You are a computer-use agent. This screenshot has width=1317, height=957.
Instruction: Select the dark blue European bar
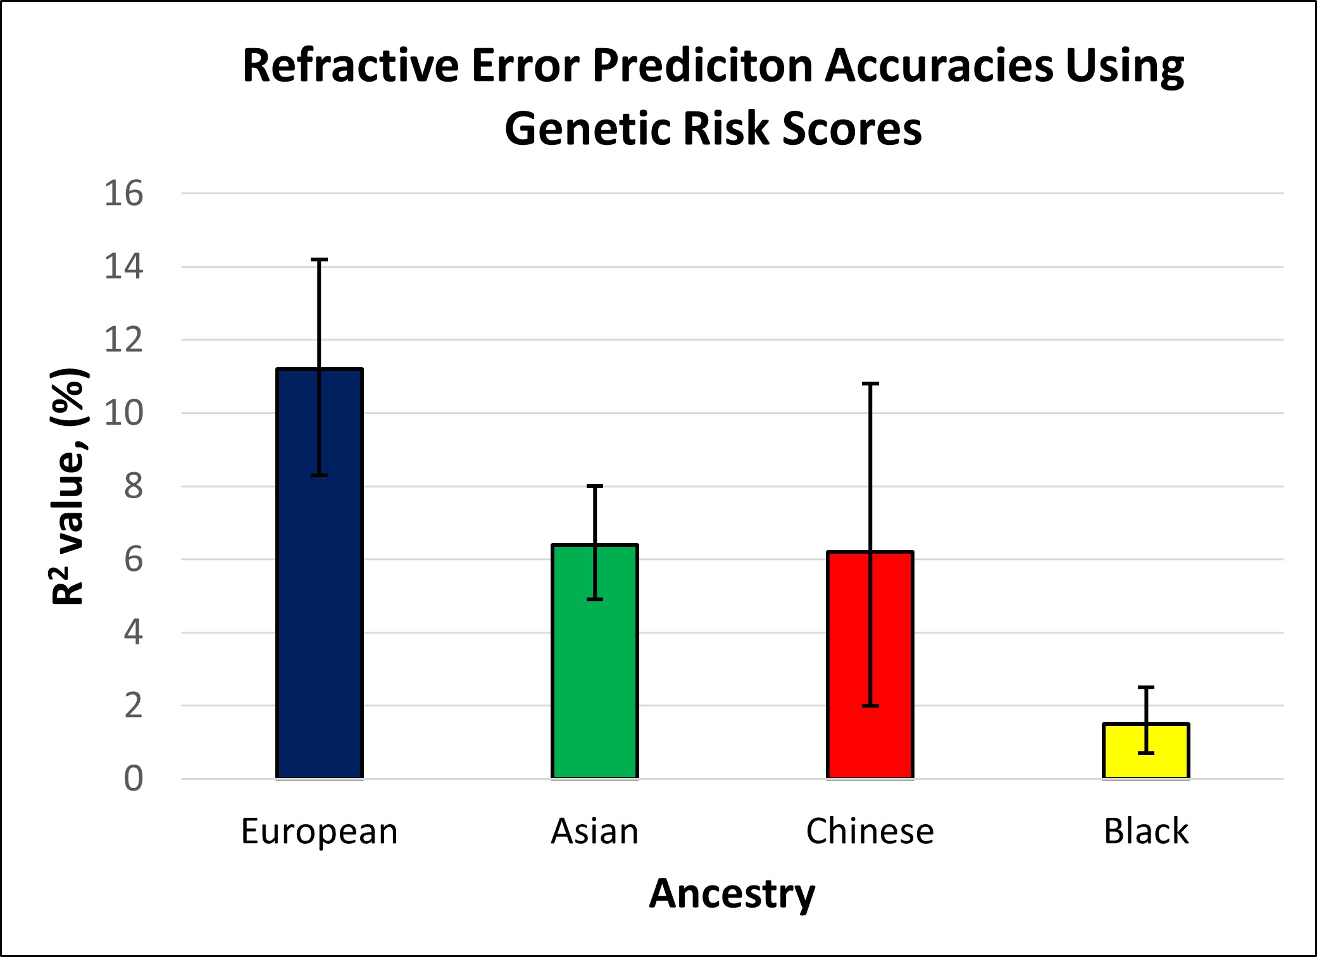tap(320, 573)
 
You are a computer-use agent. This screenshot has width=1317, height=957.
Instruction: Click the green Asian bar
tap(595, 661)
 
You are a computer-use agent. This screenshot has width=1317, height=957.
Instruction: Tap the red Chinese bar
tap(870, 665)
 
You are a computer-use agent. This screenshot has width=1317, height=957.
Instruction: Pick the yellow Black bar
tap(1146, 751)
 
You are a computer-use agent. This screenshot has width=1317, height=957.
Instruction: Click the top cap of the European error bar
tap(319, 260)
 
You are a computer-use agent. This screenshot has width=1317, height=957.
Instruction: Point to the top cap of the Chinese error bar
tap(871, 384)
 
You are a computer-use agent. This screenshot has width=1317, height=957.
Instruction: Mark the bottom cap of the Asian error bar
tap(595, 599)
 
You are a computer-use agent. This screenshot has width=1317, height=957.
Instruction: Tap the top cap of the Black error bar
tap(1146, 687)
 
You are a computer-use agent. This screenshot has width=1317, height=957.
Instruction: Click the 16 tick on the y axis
tap(124, 193)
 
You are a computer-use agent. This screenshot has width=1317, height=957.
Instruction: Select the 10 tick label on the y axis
tap(124, 413)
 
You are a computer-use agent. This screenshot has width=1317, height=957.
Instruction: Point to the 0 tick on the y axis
tap(134, 779)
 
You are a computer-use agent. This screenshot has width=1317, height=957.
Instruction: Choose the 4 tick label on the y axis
tap(134, 633)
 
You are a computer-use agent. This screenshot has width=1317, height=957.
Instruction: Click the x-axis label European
tap(320, 832)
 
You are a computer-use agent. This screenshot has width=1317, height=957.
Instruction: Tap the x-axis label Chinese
tap(870, 831)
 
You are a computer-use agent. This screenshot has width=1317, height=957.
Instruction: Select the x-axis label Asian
tap(595, 831)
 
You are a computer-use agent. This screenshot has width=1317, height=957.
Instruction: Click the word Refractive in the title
tap(351, 66)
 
